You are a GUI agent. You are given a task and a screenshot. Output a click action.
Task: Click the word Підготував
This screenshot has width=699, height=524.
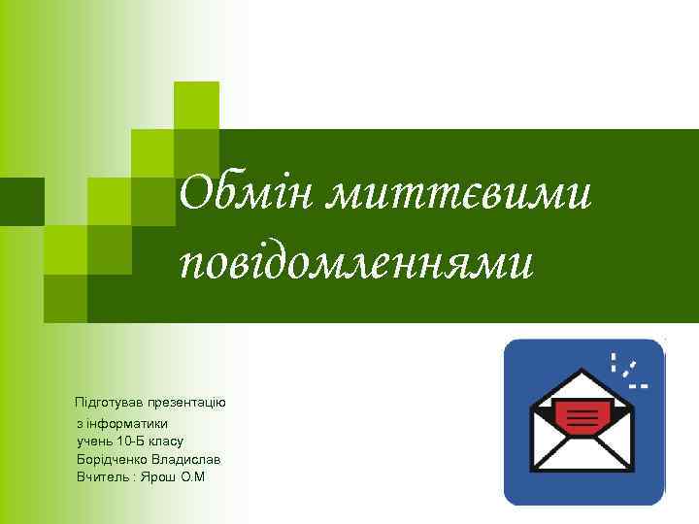[108, 402]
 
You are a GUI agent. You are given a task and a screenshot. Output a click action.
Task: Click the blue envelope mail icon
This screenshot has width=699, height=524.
[583, 421]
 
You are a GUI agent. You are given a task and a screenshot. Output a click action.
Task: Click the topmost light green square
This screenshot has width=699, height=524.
[196, 105]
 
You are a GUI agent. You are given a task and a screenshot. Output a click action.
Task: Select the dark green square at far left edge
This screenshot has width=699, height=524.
[21, 201]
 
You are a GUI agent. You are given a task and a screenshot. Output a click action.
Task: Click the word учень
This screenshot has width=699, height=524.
[94, 442]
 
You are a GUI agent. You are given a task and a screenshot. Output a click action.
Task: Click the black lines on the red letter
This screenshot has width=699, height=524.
[582, 417]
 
